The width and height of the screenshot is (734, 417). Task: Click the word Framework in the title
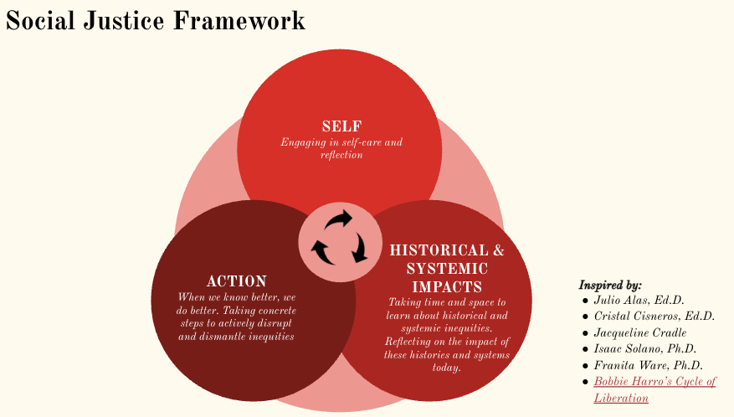(239, 21)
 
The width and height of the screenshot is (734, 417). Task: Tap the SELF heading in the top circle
(341, 126)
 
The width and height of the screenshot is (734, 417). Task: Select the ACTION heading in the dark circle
(236, 281)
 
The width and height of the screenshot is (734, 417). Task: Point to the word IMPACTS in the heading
(447, 286)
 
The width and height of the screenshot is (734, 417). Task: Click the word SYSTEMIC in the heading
(447, 269)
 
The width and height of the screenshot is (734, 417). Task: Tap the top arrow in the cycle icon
(339, 219)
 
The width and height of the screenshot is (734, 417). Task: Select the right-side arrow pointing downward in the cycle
(360, 248)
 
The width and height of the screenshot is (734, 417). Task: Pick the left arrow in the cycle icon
(323, 252)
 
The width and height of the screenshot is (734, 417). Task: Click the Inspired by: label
(610, 285)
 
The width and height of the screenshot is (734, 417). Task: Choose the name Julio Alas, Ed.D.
(639, 300)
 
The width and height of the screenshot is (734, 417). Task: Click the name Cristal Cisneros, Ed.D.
(654, 317)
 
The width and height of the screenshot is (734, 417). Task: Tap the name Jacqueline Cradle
(640, 332)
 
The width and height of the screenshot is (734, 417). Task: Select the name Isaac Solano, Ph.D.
(645, 349)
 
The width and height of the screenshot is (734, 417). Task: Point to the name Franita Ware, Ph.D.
(649, 365)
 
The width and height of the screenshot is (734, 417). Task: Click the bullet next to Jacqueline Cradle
(585, 333)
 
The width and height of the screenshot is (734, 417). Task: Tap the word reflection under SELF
(341, 155)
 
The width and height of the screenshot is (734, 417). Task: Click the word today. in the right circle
(447, 368)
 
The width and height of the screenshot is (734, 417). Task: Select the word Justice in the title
(124, 21)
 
